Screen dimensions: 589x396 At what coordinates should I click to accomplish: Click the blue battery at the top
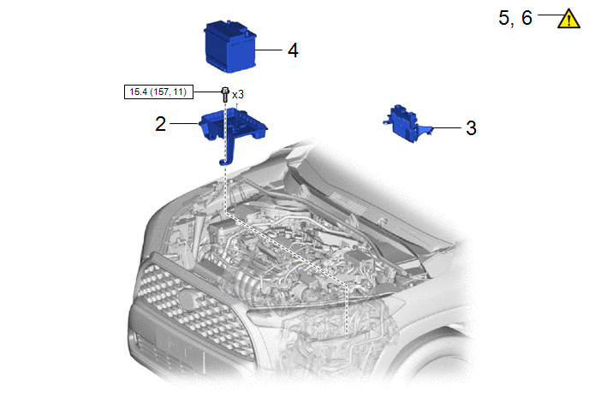point(230,47)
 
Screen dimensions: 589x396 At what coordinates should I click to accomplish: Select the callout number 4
point(293,50)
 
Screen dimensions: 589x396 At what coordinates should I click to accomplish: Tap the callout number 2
point(160,124)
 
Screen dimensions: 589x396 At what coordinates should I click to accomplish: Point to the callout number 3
point(471,128)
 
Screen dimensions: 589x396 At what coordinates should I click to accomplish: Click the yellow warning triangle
point(568,19)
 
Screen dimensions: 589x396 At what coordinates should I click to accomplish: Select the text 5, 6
point(515,18)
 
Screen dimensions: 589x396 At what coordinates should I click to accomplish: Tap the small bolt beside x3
point(225,94)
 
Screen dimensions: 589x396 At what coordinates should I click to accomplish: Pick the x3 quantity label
point(238,94)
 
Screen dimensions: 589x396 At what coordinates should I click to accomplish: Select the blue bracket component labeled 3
point(407,123)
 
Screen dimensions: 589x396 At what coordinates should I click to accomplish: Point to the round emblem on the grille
point(187,300)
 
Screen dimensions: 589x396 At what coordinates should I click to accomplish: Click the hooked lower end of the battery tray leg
point(224,163)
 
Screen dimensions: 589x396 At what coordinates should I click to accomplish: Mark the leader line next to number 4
point(269,50)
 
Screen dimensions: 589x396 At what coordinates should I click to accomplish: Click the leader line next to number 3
point(447,128)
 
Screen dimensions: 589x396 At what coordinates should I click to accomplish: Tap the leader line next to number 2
point(184,123)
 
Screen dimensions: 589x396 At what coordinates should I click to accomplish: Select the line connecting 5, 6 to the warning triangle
point(550,15)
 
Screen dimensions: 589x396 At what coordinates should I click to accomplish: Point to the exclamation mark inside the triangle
point(569,21)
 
